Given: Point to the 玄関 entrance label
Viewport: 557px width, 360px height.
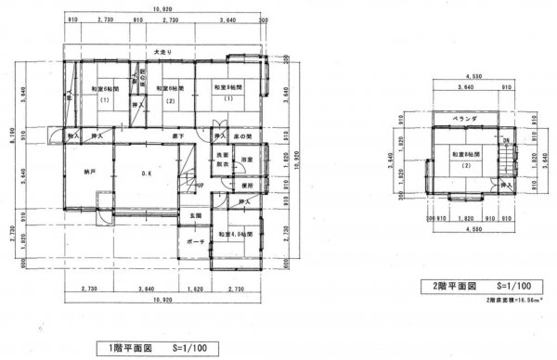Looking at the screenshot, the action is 196,216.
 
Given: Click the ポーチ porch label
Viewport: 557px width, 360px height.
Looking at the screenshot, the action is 196,242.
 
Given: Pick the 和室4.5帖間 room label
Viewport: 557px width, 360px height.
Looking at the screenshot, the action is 233,235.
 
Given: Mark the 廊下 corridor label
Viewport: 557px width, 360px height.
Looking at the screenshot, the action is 176,137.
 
